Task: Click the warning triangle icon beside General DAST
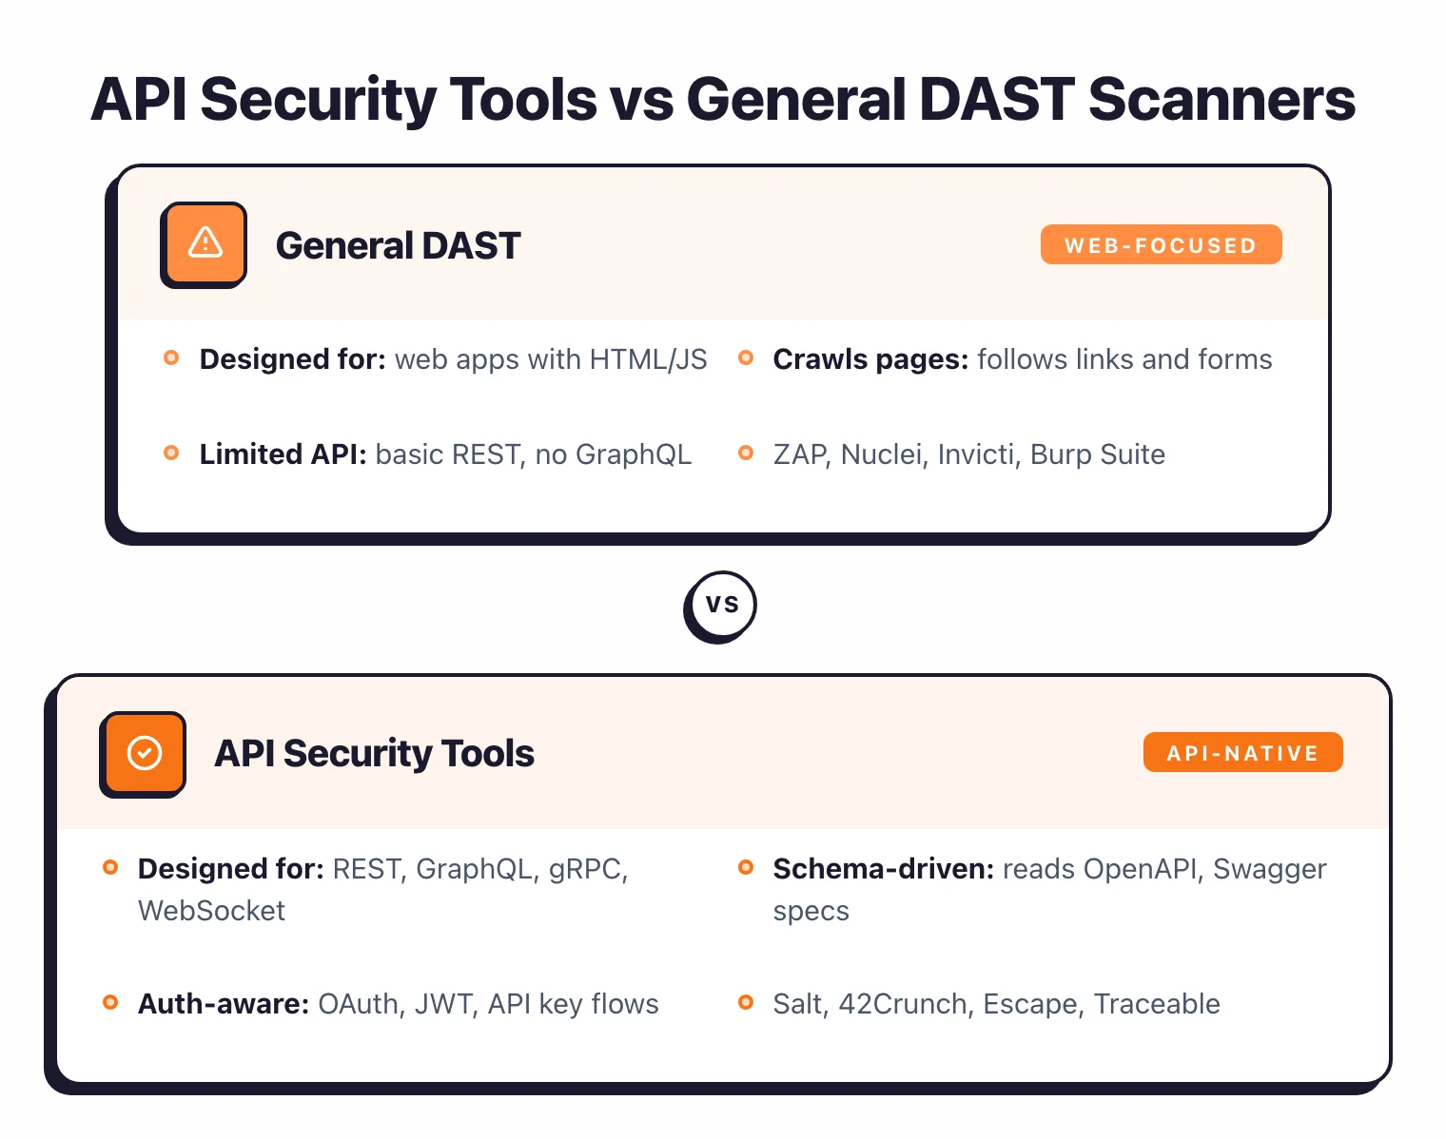[x=205, y=243]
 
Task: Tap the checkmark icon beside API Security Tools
[x=144, y=753]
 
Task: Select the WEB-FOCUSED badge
[x=1161, y=245]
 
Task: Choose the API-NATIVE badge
[x=1242, y=753]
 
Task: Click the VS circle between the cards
[x=721, y=605]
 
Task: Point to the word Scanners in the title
[x=1221, y=99]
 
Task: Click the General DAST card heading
[x=398, y=245]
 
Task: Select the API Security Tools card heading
[x=374, y=753]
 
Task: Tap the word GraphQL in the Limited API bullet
[x=634, y=454]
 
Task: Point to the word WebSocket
[x=211, y=911]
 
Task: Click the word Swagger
[x=1269, y=869]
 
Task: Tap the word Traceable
[x=1156, y=1004]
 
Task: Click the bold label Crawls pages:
[x=870, y=359]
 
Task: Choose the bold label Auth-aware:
[x=224, y=1004]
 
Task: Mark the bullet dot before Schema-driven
[x=746, y=867]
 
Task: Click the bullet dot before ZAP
[x=746, y=453]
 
